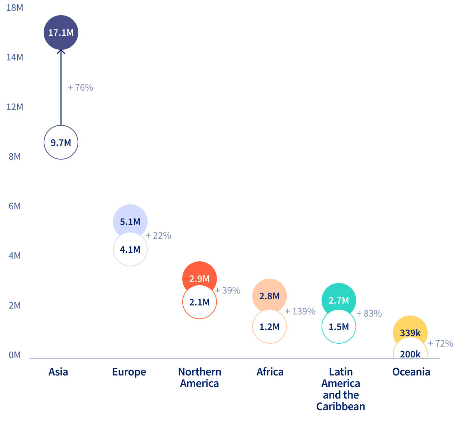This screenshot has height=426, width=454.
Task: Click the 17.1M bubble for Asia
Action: click(x=61, y=32)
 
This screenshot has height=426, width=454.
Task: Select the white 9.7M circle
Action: click(x=61, y=143)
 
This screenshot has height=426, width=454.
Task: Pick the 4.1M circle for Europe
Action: click(x=130, y=250)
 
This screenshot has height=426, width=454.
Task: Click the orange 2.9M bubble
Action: click(x=200, y=277)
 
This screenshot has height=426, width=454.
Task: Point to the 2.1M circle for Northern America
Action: click(x=200, y=303)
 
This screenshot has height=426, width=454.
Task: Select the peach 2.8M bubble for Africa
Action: click(x=270, y=295)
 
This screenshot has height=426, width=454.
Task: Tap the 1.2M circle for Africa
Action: click(x=270, y=327)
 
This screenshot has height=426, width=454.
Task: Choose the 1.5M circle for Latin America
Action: click(x=339, y=327)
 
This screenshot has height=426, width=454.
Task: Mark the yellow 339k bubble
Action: click(x=410, y=331)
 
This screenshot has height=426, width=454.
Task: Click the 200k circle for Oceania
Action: click(x=410, y=352)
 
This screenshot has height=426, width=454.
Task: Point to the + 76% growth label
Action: click(x=80, y=88)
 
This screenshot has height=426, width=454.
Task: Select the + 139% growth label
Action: click(x=300, y=312)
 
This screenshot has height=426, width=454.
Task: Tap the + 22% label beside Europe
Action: click(x=158, y=236)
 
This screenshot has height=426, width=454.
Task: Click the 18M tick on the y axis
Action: click(x=15, y=8)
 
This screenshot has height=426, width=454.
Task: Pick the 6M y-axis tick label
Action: click(x=15, y=206)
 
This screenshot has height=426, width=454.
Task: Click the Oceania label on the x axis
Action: click(x=411, y=372)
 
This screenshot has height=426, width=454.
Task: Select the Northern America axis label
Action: click(x=200, y=378)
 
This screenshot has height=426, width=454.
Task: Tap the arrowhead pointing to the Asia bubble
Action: click(x=61, y=52)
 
